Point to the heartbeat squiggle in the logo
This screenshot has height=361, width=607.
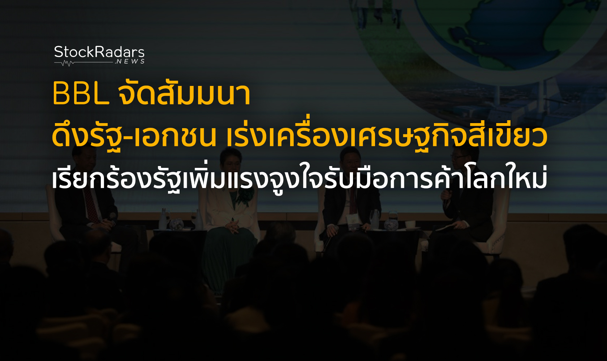68,64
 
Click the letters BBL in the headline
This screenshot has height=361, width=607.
81,94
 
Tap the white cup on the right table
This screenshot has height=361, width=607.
410,224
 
